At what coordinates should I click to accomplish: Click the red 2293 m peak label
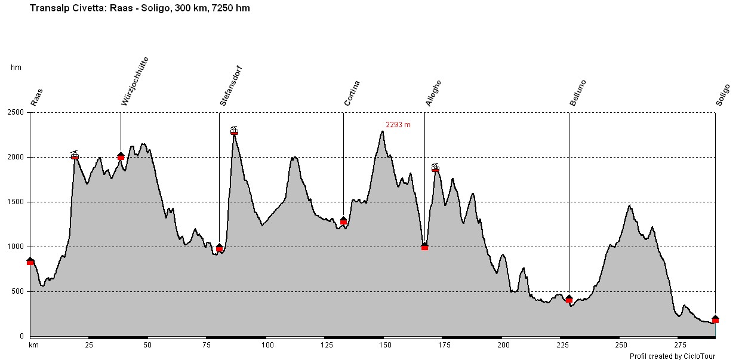(398, 125)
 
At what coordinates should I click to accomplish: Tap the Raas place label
(37, 97)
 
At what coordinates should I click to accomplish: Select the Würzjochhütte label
(135, 82)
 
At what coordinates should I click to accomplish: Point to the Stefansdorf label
(231, 87)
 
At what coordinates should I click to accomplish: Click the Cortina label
(352, 93)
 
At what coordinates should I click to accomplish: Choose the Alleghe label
(433, 93)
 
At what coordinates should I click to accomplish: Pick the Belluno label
(578, 93)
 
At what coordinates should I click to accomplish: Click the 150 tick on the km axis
(385, 345)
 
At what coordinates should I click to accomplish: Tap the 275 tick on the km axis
(679, 345)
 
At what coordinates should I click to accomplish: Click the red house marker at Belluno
(569, 299)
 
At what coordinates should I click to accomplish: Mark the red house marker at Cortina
(343, 221)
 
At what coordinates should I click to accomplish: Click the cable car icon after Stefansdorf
(234, 130)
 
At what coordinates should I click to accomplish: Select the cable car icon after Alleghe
(435, 168)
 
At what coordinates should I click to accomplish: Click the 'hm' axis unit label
(16, 67)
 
